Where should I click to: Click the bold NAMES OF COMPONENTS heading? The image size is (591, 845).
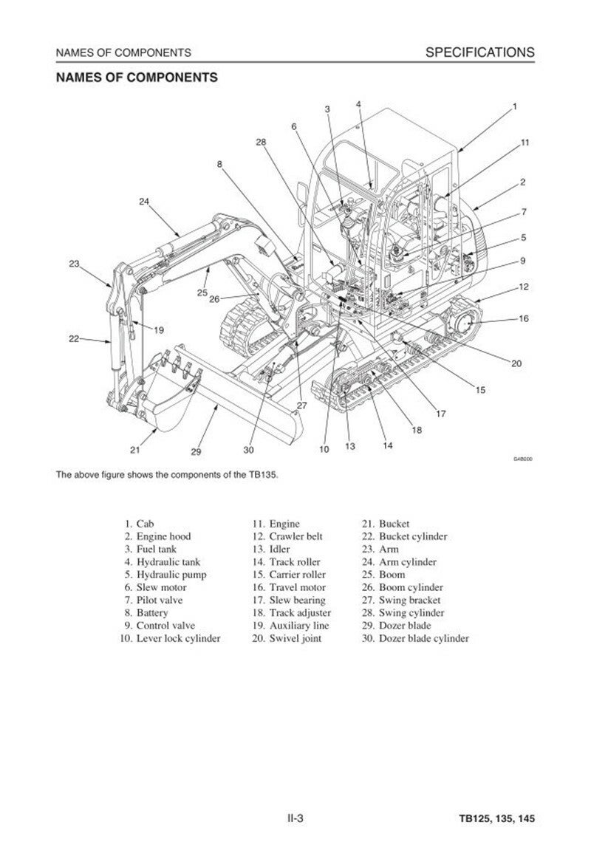point(137,77)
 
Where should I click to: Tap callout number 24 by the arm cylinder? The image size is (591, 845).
point(143,201)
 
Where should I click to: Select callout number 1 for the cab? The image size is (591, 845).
point(514,106)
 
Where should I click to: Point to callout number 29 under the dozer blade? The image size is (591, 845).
point(196,451)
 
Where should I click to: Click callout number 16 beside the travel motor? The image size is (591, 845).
point(524,319)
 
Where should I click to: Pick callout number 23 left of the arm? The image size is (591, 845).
point(74,264)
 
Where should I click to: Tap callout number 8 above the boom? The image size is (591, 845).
point(219,164)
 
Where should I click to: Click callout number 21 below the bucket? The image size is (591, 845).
point(134,448)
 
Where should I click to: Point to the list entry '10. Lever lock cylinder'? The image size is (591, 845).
point(171,638)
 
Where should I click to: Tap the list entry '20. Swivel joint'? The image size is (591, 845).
point(287,638)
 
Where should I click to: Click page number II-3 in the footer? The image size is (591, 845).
point(296,819)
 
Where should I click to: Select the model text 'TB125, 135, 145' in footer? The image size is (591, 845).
point(496,819)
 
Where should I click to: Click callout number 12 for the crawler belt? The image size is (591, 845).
point(523,287)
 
